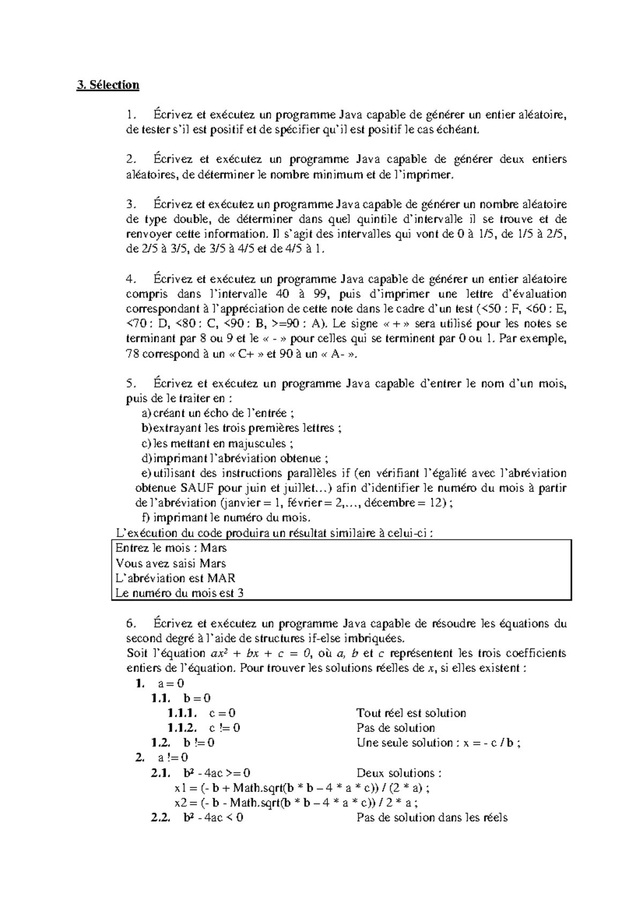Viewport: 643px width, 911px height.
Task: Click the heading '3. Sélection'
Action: click(108, 85)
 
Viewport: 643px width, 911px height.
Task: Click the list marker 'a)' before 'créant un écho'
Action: click(146, 413)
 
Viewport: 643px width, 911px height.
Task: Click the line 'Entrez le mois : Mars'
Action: click(171, 548)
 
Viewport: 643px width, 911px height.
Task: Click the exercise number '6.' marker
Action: click(131, 623)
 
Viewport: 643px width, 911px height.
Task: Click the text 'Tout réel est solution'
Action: click(411, 713)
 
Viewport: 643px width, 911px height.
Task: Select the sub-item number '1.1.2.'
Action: click(182, 728)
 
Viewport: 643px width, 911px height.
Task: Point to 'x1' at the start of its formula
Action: click(179, 788)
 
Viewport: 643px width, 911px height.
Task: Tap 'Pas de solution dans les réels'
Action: click(431, 818)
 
